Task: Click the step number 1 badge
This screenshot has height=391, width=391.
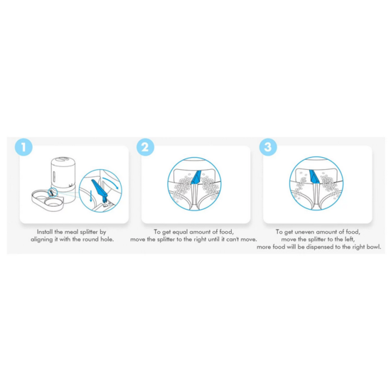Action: click(23, 147)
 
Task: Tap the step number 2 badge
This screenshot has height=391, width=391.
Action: click(145, 147)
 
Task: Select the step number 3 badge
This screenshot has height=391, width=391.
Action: click(268, 147)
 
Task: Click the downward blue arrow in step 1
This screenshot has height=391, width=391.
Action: click(91, 196)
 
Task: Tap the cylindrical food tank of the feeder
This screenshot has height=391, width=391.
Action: click(63, 172)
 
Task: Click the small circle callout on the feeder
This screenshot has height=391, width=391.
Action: click(53, 193)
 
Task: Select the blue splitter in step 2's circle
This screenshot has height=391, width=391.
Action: click(195, 177)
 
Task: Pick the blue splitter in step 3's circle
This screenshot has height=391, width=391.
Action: click(314, 176)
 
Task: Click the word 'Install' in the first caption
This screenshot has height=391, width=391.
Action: click(45, 232)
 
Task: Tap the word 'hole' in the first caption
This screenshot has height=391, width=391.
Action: click(107, 240)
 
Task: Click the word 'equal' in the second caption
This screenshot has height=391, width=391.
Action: click(180, 232)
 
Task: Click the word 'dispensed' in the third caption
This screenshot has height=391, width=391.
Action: click(320, 247)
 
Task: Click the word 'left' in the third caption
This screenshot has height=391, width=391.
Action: click(349, 240)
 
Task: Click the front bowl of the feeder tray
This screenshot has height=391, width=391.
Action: click(53, 202)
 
